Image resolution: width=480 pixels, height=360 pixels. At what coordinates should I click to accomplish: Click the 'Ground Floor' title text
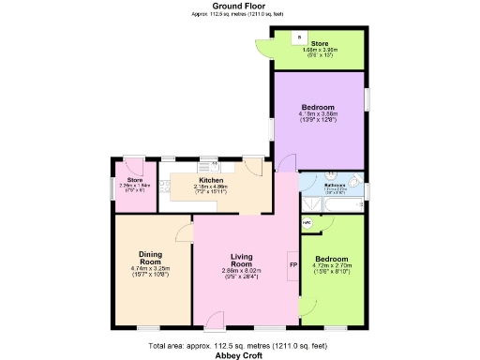(238, 6)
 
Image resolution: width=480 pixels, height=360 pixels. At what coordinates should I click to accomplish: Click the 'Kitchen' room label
(210, 180)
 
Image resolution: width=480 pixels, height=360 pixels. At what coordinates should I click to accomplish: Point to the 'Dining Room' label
(151, 259)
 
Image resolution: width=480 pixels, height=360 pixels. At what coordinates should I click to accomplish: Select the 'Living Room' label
(242, 259)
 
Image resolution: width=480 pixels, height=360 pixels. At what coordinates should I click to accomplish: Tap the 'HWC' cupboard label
(307, 223)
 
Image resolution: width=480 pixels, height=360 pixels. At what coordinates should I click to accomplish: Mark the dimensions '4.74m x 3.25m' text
(151, 269)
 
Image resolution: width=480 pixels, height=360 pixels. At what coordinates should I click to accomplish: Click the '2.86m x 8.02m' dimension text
(243, 271)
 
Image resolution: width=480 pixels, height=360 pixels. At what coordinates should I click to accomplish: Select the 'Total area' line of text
(238, 346)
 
